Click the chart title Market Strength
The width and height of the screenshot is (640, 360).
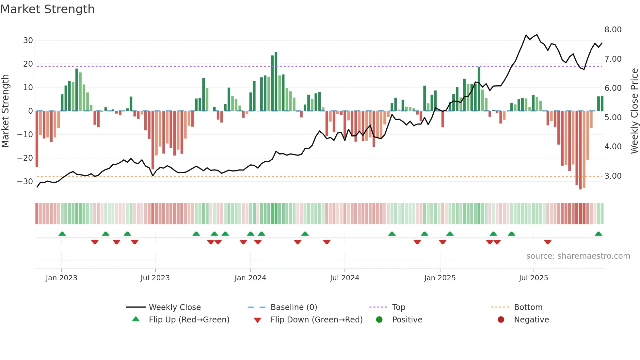[x=47, y=9]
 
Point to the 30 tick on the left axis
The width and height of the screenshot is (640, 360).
[x=28, y=41]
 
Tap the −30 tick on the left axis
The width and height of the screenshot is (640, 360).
[x=25, y=182]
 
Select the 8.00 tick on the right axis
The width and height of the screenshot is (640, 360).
[x=613, y=30]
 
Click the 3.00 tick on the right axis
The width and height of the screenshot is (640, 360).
[x=613, y=176]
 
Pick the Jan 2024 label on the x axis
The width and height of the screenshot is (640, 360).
[x=250, y=278]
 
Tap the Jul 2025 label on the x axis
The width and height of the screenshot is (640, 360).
[x=533, y=278]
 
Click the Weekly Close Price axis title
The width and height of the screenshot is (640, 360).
[x=634, y=111]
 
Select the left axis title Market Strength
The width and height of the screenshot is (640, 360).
[x=5, y=111]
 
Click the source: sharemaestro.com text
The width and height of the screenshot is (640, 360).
[x=578, y=256]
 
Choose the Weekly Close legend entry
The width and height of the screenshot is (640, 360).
[x=175, y=307]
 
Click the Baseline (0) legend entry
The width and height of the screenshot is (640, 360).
[x=294, y=307]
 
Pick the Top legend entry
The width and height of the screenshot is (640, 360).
[x=398, y=307]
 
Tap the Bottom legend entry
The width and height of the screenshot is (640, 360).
[x=528, y=307]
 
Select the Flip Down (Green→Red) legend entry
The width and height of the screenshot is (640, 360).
[x=316, y=320]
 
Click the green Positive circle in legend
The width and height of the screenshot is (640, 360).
[x=379, y=320]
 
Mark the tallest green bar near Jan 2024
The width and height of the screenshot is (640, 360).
[x=276, y=82]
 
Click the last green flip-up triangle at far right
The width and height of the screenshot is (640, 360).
[x=598, y=234]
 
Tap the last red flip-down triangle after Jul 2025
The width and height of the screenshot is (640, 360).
[x=548, y=242]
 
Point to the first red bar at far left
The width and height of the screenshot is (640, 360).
[x=37, y=139]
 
